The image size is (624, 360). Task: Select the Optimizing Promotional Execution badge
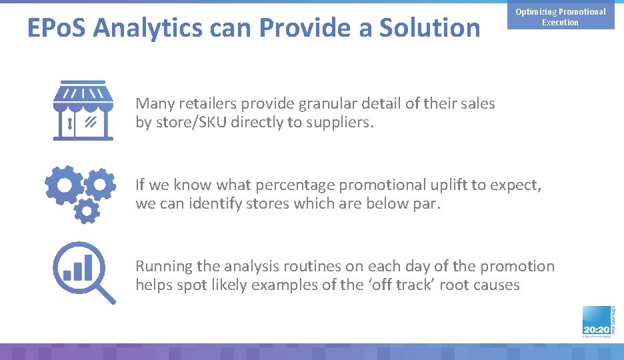coord(560,17)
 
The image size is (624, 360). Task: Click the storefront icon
coord(83,111)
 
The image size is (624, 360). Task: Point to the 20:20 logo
coord(596,324)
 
